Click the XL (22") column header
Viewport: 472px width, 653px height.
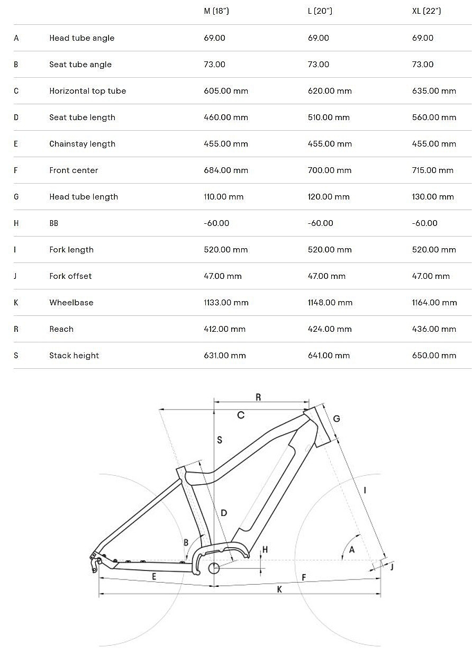tap(426, 11)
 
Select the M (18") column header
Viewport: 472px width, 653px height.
tap(216, 11)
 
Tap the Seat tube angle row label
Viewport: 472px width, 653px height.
tap(80, 65)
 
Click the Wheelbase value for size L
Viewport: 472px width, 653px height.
tap(330, 303)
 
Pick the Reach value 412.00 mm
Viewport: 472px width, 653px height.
tap(224, 329)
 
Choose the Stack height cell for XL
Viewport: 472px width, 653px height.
tap(434, 356)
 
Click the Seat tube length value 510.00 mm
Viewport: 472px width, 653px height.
tap(329, 117)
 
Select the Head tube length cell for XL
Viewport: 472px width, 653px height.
tap(433, 197)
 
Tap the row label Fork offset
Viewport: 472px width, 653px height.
tap(70, 276)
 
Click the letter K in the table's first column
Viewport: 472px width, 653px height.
tap(16, 303)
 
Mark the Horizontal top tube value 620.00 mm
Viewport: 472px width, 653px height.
tap(330, 91)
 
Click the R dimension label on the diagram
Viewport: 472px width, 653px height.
tap(258, 397)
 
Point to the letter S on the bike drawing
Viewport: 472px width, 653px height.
tap(220, 440)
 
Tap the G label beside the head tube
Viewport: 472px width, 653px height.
tap(337, 419)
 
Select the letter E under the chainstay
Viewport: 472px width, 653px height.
tap(154, 576)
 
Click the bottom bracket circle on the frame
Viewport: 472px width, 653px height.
tap(214, 568)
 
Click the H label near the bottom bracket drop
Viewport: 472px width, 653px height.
tap(265, 550)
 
